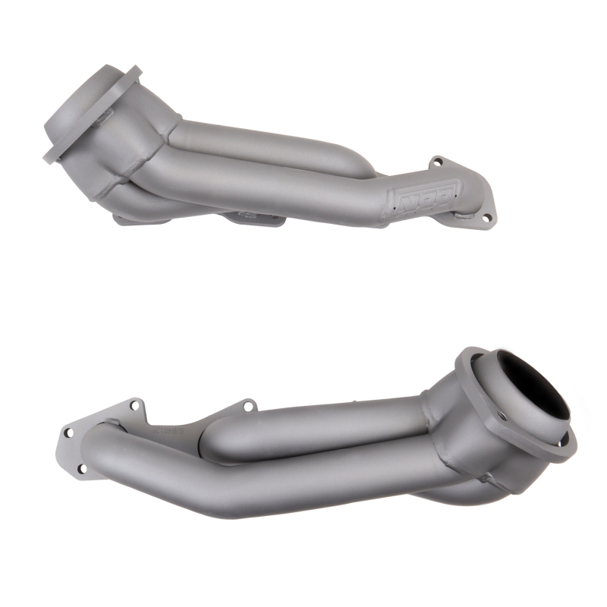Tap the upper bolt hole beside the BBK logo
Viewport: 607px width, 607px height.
click(436, 162)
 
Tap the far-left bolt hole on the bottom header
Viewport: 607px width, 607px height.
click(68, 433)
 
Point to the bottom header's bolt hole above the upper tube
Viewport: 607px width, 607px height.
click(247, 407)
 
